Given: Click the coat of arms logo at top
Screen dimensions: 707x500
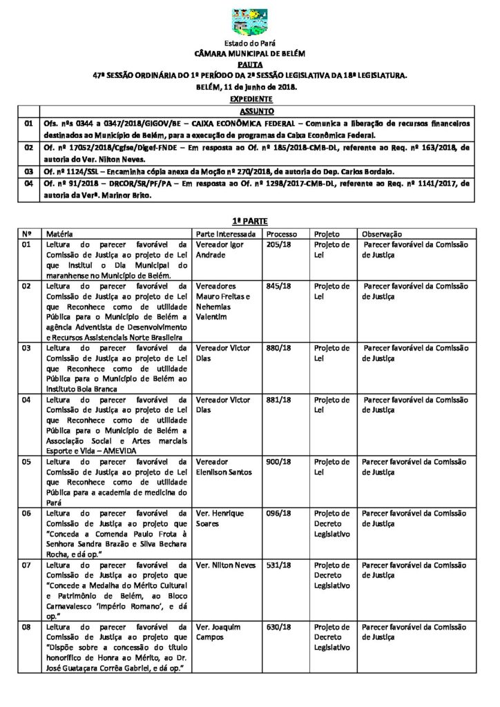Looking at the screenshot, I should [x=250, y=22].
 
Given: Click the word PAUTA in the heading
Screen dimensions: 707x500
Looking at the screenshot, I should [x=250, y=62].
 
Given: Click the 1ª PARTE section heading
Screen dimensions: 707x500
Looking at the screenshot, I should [x=250, y=220].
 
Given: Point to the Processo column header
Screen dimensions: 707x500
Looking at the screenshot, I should [x=282, y=234].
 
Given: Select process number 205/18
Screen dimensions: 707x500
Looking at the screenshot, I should [x=278, y=244].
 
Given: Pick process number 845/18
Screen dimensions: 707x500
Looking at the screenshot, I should [x=278, y=286].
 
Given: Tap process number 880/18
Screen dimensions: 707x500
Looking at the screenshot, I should [x=278, y=348].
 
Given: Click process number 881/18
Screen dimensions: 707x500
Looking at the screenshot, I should [x=278, y=400].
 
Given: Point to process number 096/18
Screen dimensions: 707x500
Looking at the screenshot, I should [x=278, y=514].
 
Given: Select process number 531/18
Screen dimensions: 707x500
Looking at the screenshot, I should [x=278, y=565].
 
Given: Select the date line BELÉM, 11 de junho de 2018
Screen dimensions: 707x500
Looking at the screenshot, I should [x=250, y=86].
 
